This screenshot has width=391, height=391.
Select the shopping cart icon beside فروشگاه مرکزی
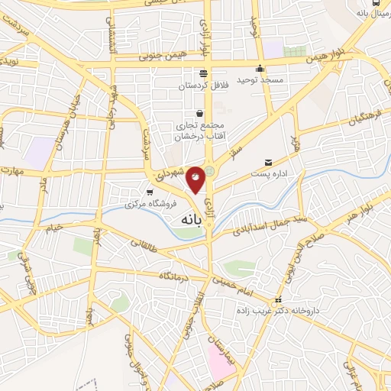pos(150,192)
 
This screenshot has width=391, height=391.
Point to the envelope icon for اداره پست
pos(267,163)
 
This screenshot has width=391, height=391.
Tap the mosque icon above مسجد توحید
pos(262,67)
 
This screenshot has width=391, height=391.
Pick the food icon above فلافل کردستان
pos(202,73)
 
